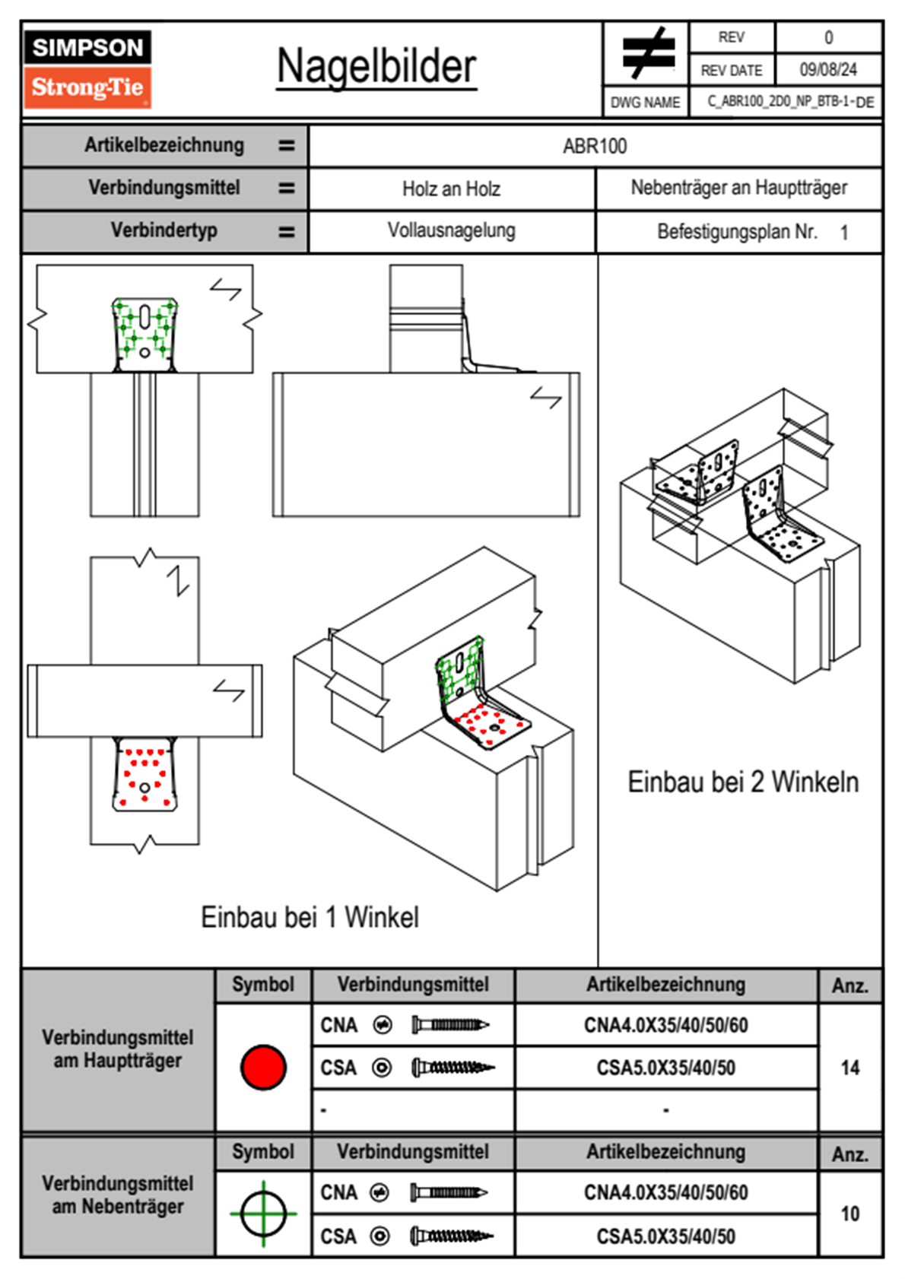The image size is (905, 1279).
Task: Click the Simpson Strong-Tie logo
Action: click(87, 68)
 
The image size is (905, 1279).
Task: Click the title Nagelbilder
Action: click(376, 67)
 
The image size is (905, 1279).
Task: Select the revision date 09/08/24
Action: click(827, 70)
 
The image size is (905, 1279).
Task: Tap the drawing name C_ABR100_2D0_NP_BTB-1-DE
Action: click(789, 102)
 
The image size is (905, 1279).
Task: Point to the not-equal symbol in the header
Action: click(648, 53)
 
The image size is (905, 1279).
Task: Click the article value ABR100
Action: click(595, 146)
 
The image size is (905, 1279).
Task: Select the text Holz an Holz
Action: click(451, 189)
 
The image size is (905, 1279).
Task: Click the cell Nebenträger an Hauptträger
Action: click(738, 188)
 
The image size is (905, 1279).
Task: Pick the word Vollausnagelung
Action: click(451, 230)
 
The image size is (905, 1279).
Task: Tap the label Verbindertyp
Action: click(164, 230)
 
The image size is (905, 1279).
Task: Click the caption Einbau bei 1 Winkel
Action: click(310, 917)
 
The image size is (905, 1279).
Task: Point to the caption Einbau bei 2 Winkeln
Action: click(742, 782)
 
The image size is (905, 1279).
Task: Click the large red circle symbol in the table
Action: click(263, 1067)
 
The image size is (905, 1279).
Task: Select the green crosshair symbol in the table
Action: click(263, 1214)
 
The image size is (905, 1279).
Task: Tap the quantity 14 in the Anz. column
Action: click(849, 1068)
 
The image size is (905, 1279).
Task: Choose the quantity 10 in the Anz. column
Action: click(849, 1214)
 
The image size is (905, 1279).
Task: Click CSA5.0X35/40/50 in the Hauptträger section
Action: click(665, 1068)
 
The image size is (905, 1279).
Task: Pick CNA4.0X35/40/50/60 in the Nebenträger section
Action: click(665, 1192)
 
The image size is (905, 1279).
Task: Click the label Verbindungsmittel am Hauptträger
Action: click(117, 1049)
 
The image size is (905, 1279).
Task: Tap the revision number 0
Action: click(828, 37)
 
